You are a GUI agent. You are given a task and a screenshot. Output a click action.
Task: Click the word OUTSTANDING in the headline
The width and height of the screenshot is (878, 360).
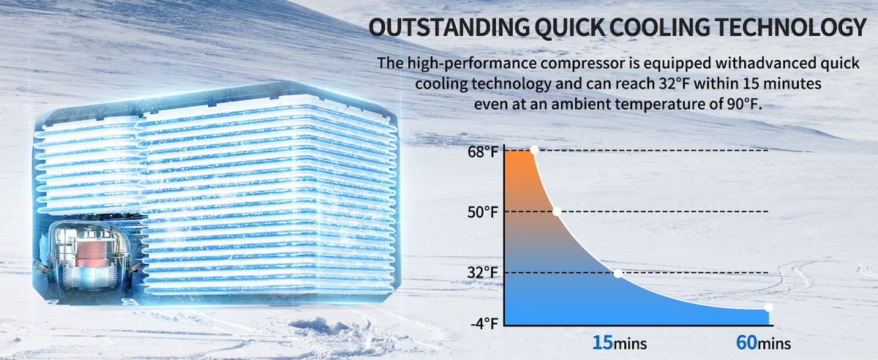[x=449, y=28]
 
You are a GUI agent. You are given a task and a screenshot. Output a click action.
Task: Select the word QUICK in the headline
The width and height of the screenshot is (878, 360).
[x=569, y=28]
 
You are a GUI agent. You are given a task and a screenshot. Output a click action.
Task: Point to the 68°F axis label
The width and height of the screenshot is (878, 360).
[x=482, y=151]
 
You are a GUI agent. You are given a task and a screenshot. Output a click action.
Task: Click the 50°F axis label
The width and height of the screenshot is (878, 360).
[x=482, y=212]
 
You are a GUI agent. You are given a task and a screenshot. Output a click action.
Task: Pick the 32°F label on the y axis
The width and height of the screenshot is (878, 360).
[x=482, y=272]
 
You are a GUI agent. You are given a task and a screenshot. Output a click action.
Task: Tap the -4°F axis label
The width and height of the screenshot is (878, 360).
[x=484, y=323]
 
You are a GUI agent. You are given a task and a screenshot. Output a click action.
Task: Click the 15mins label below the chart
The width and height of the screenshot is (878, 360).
[x=619, y=342]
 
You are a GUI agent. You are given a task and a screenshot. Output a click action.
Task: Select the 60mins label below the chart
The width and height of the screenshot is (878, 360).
[x=763, y=342]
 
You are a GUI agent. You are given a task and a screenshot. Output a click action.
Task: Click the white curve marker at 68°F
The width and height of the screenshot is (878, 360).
[x=534, y=150]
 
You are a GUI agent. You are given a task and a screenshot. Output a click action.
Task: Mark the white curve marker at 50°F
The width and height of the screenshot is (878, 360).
[x=557, y=211]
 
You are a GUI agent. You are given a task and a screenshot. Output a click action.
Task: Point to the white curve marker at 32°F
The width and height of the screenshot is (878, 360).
[x=618, y=274]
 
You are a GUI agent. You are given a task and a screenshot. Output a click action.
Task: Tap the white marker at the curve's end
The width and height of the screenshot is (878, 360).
[x=769, y=307]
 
